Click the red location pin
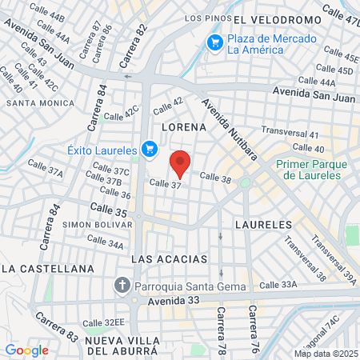coord(181,162)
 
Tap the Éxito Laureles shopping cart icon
coord(149,148)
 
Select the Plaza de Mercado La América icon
coord(214,42)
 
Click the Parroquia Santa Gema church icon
coord(122,284)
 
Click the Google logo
coord(26,350)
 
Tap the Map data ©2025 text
coord(325,354)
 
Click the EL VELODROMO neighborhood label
coord(278,18)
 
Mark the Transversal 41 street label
coord(290,134)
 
